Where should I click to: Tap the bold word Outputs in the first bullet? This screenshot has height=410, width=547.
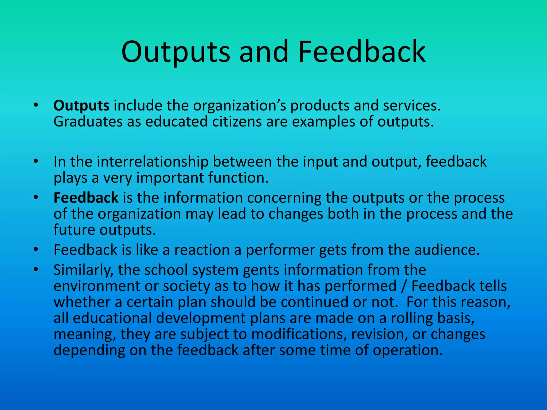81,106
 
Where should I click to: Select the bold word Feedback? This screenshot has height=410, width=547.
86,198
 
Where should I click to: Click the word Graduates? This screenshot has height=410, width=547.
88,122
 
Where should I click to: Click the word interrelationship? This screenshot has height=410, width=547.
153,162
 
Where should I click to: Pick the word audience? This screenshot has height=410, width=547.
447,250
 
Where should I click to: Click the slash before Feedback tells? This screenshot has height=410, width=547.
404,286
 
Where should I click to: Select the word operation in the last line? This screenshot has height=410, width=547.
407,350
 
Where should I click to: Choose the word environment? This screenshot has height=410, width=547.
97,286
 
